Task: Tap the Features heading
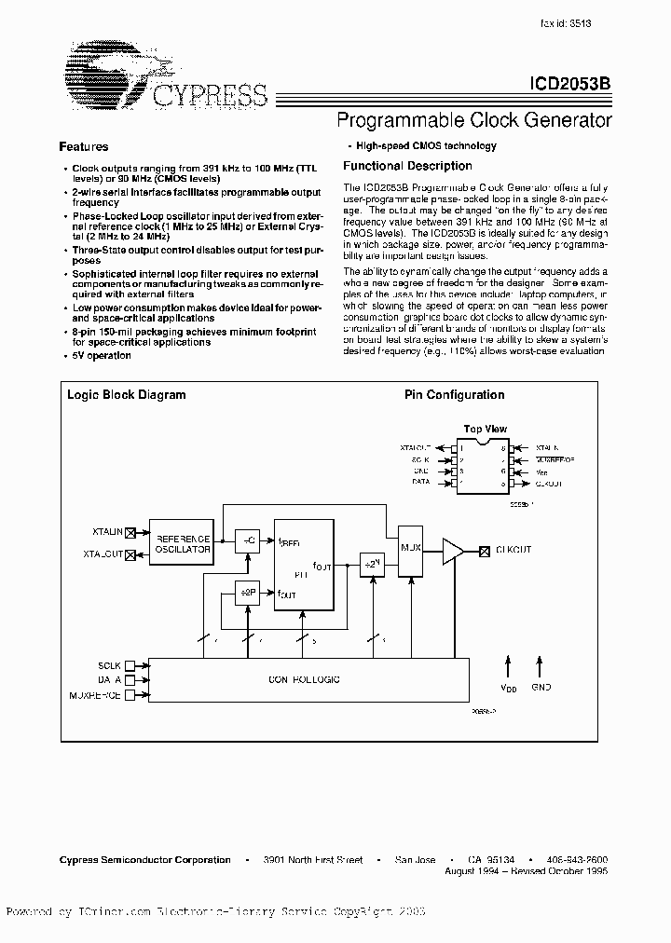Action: tap(84, 146)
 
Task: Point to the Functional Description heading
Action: tap(407, 166)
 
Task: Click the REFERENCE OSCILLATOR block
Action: tap(183, 543)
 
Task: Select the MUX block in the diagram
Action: tap(410, 549)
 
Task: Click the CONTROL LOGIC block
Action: tap(308, 680)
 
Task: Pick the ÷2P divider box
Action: tap(245, 593)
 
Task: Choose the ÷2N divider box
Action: tap(373, 565)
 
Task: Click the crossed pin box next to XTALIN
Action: tap(130, 532)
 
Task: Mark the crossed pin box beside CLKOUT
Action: tap(484, 550)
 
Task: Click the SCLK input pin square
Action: tap(130, 665)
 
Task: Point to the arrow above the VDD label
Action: tap(508, 665)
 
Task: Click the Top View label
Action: tap(485, 430)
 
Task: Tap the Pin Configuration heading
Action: tap(454, 395)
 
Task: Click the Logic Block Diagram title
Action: tap(126, 395)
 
